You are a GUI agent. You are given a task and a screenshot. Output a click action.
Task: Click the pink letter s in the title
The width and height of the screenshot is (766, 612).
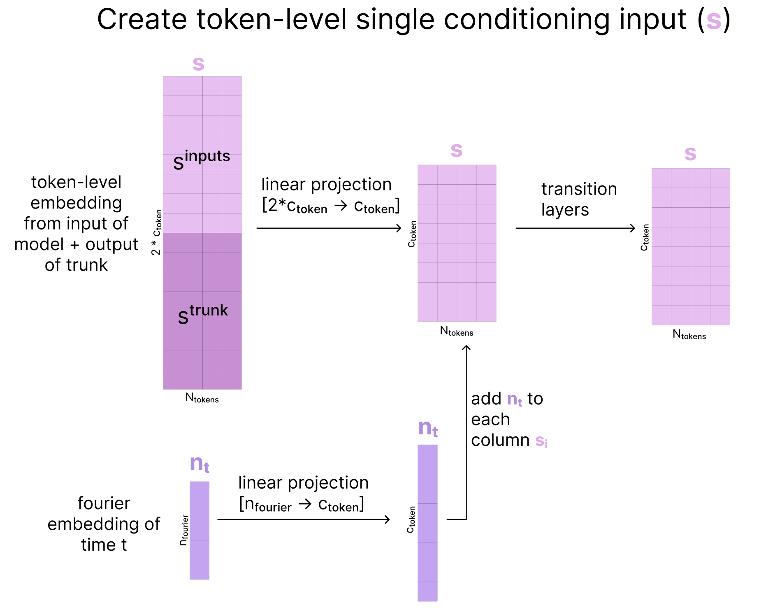714,21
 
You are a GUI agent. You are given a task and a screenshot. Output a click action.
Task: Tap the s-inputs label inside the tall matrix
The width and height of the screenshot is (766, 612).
202,160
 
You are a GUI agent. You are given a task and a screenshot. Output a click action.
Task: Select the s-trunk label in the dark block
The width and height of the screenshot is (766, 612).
203,314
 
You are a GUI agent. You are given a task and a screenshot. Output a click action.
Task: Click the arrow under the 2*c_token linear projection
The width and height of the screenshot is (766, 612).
329,228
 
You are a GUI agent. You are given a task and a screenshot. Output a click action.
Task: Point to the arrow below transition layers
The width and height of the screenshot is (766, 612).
576,228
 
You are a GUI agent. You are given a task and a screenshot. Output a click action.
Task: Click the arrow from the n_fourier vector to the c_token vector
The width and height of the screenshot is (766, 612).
304,519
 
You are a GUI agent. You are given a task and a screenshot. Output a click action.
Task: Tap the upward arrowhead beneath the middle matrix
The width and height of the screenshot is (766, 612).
466,348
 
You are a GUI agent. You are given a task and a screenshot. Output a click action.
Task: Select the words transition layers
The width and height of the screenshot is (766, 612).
579,199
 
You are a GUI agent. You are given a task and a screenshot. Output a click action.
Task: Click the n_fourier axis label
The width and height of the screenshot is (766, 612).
184,530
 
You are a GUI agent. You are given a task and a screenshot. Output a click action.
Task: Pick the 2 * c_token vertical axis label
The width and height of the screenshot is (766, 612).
156,232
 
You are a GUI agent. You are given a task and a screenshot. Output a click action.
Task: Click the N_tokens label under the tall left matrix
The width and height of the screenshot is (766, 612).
202,398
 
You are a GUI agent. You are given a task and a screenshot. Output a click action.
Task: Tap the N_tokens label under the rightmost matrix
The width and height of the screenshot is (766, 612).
689,335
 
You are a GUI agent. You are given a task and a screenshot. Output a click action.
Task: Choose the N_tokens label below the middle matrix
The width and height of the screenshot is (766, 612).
457,331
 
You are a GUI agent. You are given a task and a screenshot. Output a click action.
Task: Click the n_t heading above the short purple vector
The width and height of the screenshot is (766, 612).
200,464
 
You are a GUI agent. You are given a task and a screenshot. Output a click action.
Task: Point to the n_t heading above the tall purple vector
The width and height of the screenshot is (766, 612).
428,428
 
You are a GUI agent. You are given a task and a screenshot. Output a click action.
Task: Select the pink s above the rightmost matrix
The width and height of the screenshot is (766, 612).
690,154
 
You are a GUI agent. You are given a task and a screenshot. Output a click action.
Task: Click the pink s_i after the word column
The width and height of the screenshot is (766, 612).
541,441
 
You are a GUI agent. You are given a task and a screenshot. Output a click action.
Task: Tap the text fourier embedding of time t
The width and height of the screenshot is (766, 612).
104,524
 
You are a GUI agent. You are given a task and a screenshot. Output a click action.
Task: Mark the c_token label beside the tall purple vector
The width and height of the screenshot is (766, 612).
411,519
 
